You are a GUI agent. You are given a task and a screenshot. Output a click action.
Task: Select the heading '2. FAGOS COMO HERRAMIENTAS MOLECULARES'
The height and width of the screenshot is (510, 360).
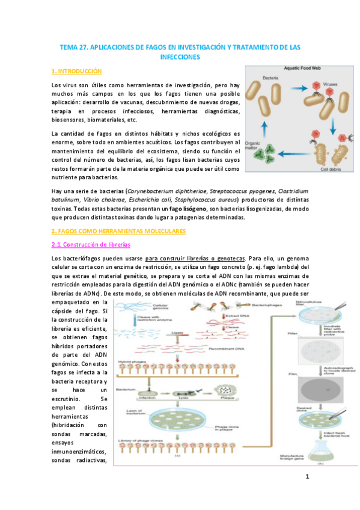coord(119,231)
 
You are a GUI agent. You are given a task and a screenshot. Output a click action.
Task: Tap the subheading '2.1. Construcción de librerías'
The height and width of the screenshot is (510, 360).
coord(90,245)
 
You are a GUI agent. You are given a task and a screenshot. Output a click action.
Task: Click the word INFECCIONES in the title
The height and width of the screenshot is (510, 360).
coord(180,57)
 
